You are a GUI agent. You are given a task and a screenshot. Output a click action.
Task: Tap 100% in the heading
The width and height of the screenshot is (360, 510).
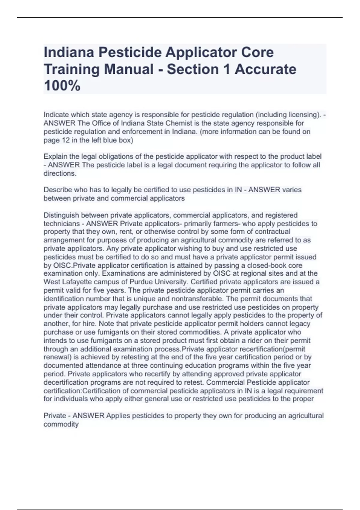click(x=62, y=86)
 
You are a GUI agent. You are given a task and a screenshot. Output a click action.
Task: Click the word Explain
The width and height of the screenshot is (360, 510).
click(x=55, y=157)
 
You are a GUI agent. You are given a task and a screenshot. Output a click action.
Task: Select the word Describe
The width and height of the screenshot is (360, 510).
click(x=58, y=190)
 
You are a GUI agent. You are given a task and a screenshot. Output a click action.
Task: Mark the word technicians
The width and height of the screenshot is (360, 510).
click(x=61, y=223)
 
